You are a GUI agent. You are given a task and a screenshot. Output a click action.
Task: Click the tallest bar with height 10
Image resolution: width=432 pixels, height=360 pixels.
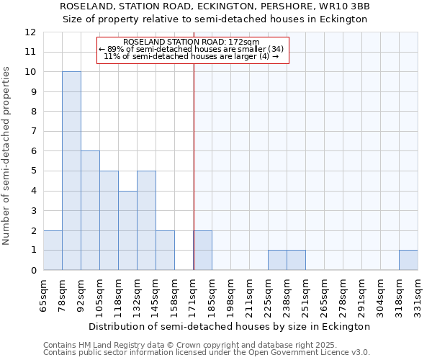point(71,171)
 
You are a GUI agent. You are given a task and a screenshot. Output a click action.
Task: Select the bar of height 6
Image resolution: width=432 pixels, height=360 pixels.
point(90,210)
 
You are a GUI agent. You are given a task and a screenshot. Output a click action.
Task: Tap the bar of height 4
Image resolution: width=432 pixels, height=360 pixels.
point(127,230)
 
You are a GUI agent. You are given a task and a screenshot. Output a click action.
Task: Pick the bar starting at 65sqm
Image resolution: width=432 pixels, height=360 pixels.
point(53,250)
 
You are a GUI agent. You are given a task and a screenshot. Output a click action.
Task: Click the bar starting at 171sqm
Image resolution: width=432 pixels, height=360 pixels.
point(202,250)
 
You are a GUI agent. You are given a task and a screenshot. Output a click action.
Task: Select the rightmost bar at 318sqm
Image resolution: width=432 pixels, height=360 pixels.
point(408,260)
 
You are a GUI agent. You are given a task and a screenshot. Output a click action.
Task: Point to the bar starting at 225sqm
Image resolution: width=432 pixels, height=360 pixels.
point(277,260)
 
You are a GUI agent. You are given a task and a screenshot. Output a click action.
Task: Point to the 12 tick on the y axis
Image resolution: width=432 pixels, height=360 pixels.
point(31,32)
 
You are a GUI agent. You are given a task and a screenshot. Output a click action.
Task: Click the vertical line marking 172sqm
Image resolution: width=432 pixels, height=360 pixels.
point(194,166)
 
